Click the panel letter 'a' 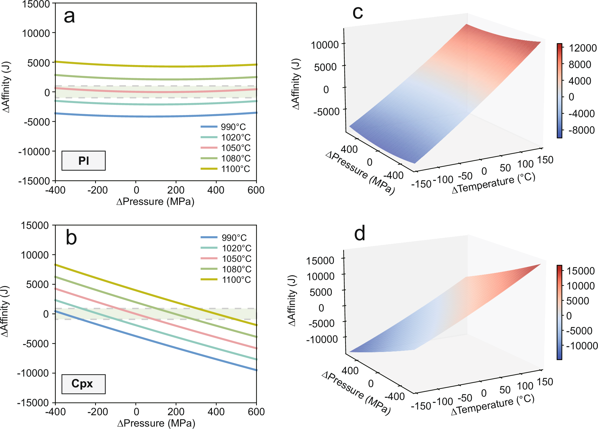point(69,16)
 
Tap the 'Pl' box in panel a point(83,161)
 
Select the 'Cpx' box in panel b point(83,384)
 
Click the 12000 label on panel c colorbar point(582,48)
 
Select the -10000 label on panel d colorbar point(582,346)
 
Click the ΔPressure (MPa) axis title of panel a point(155,202)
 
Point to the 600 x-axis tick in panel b point(256,412)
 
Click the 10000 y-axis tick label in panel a point(36,33)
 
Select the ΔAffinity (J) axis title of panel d point(292,300)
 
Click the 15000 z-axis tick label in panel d point(320,261)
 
